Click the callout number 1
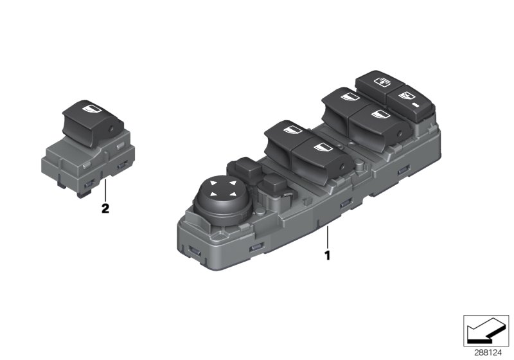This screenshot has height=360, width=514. [x=327, y=255]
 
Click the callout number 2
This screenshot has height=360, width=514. [x=105, y=208]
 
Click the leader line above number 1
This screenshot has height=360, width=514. [x=327, y=236]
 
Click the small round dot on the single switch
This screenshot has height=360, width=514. [x=112, y=130]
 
